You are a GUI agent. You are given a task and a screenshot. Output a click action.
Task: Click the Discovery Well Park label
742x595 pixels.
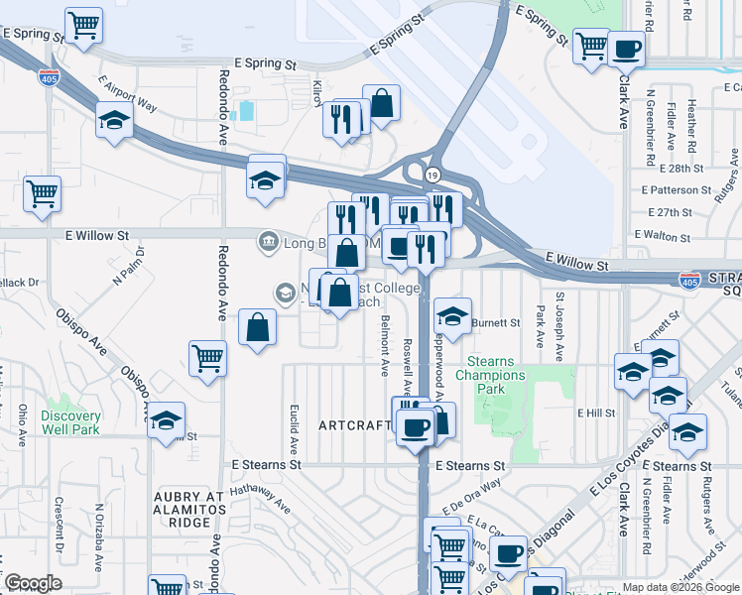(71, 422)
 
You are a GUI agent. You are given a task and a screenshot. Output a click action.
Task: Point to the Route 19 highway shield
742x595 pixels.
(432, 175)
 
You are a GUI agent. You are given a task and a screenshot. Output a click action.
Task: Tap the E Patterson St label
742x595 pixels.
(677, 189)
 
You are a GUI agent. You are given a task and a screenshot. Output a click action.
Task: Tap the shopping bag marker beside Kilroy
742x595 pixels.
(381, 102)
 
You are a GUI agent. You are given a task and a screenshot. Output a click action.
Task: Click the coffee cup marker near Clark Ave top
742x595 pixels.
(626, 48)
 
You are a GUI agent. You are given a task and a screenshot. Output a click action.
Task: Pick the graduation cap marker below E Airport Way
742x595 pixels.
(114, 121)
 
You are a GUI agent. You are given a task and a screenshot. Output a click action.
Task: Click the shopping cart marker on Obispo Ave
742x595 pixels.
(207, 359)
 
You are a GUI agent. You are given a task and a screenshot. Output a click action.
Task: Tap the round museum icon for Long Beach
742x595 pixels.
(267, 241)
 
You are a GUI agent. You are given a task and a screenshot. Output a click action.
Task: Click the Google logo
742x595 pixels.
(33, 583)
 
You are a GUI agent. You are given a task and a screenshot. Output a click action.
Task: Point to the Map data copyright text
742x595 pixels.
(680, 587)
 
